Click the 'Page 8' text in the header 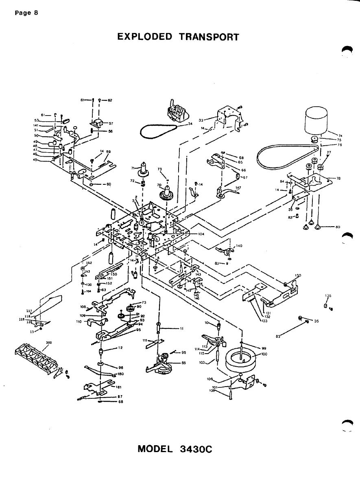click(x=26, y=12)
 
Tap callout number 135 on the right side click(x=328, y=296)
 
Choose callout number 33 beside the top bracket click(x=201, y=120)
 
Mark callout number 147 click(x=238, y=188)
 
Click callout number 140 click(x=239, y=246)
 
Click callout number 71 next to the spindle click(x=133, y=168)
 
